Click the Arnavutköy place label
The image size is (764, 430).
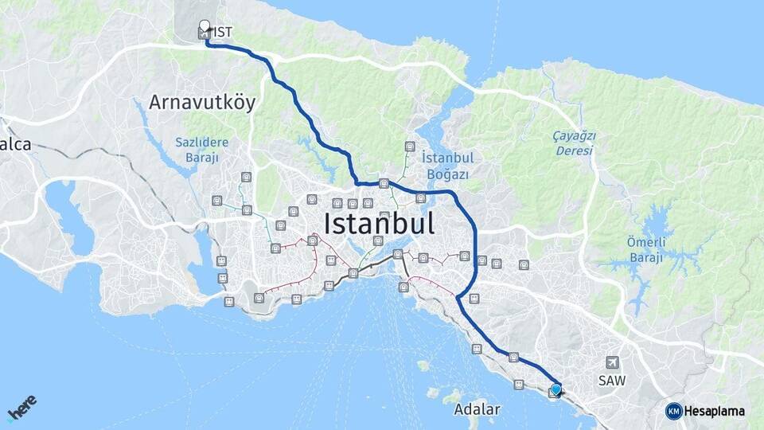pyautogui.click(x=201, y=103)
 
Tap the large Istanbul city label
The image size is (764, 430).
pyautogui.click(x=379, y=223)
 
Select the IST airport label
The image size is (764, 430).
pyautogui.click(x=223, y=32)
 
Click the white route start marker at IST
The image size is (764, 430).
pyautogui.click(x=205, y=25)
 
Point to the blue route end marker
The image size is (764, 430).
pyautogui.click(x=555, y=389)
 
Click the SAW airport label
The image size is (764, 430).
pyautogui.click(x=612, y=381)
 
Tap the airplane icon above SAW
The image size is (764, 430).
pyautogui.click(x=611, y=362)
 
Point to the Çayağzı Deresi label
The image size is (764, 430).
pyautogui.click(x=574, y=143)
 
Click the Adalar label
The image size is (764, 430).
pyautogui.click(x=477, y=410)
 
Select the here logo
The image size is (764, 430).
pyautogui.click(x=22, y=407)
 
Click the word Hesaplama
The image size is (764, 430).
pyautogui.click(x=714, y=411)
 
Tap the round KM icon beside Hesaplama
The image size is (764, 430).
pyautogui.click(x=673, y=411)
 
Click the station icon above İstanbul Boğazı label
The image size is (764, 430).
pyautogui.click(x=410, y=147)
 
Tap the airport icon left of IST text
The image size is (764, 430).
pyautogui.click(x=205, y=33)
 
